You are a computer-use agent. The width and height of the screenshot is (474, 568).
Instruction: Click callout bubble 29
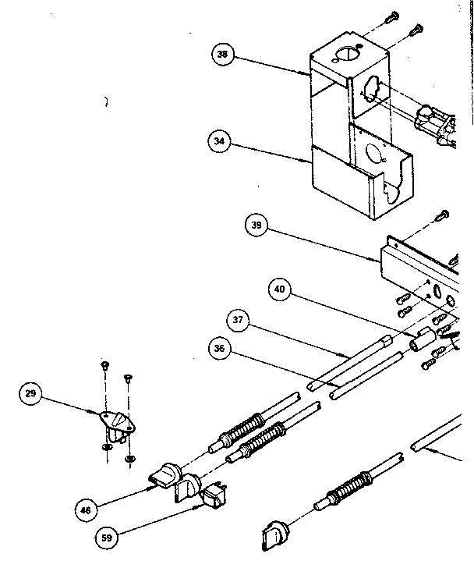[30, 395]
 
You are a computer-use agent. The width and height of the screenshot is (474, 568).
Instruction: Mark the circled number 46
[87, 510]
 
